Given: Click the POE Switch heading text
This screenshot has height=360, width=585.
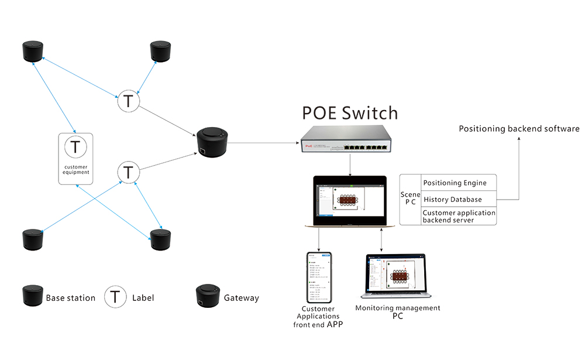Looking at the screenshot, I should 349,112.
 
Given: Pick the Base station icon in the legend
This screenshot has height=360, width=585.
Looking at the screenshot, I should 33,297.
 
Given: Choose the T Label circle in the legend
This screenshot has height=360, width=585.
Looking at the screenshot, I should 116,297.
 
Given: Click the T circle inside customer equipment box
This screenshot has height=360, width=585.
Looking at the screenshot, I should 75,147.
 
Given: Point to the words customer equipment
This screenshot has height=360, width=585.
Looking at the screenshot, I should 76,169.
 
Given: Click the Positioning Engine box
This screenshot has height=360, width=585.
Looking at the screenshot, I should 459,183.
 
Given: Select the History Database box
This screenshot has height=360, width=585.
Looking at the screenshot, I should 459,199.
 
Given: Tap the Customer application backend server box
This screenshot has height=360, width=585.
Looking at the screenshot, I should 459,216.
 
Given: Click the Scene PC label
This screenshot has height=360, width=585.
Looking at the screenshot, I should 410,199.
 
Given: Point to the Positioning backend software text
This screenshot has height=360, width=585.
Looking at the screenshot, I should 519,129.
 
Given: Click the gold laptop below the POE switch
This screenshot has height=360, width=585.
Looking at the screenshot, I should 349,201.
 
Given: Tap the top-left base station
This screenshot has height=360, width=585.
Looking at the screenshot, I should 33,52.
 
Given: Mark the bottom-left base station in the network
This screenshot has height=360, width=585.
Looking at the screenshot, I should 33,241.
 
